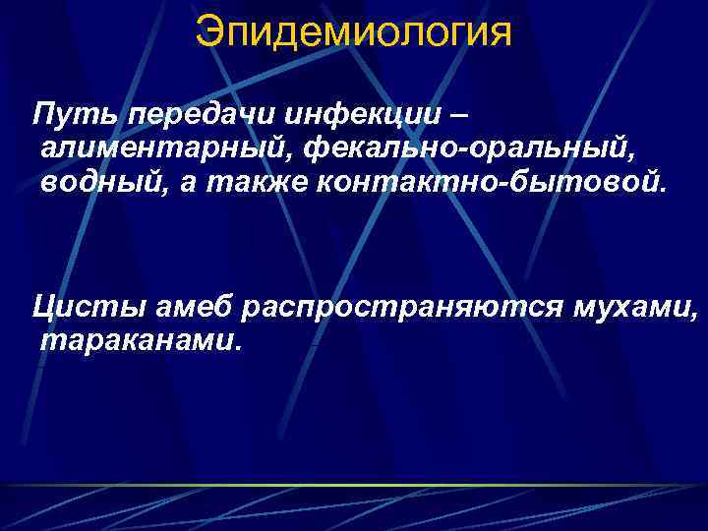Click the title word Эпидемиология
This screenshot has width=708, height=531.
click(354, 31)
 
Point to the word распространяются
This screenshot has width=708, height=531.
click(403, 308)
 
